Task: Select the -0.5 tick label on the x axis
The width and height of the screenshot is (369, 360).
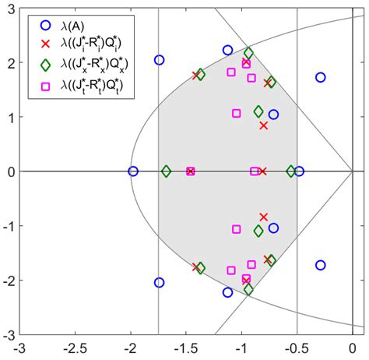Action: [x=297, y=348]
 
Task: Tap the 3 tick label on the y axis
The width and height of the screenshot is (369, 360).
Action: [x=11, y=8]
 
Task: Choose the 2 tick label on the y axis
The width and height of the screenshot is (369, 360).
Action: [x=11, y=62]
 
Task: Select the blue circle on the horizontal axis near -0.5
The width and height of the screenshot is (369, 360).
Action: [x=299, y=171]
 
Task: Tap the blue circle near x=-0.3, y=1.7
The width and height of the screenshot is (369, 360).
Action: [x=320, y=77]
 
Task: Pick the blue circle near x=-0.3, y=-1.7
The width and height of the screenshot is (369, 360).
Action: [x=320, y=265]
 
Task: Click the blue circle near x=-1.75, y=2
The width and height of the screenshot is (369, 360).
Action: [x=160, y=60]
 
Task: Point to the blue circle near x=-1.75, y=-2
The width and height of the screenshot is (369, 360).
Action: [x=160, y=283]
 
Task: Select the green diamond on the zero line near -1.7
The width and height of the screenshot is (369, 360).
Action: [x=166, y=171]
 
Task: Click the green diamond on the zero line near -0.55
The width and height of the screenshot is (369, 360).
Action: [x=291, y=171]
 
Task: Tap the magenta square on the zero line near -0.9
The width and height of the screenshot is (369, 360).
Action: [x=255, y=171]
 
